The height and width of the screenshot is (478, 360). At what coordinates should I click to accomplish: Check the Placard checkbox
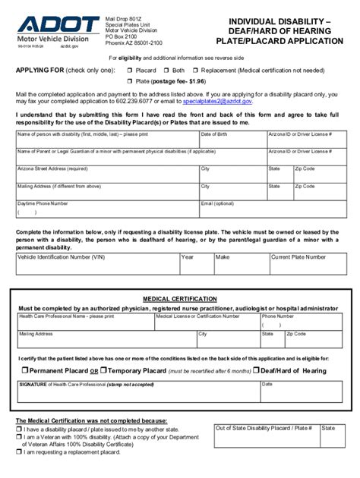(129, 70)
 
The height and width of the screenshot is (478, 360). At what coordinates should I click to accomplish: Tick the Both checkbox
(166, 70)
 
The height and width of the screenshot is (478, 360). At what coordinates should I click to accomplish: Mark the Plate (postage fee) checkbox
(129, 80)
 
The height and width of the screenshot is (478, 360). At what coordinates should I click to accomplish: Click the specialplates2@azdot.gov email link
(220, 100)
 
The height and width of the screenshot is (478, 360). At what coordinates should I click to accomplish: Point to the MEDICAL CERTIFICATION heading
(179, 299)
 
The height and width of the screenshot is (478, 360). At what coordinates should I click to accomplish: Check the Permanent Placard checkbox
(24, 370)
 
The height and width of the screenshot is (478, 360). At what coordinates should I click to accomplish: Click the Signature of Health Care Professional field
(137, 393)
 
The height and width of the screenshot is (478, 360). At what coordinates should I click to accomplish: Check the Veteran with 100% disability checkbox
(18, 436)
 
